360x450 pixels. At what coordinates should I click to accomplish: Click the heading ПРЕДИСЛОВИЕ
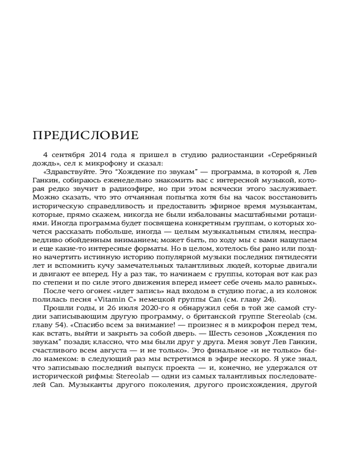coord(86,135)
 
